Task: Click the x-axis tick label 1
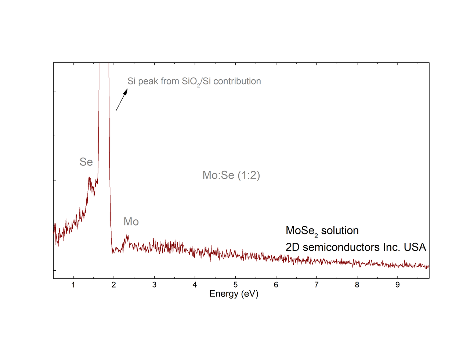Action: point(73,285)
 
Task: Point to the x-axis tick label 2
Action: point(114,285)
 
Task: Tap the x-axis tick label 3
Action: point(154,285)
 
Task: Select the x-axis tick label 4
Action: point(195,285)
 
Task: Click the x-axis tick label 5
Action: point(235,285)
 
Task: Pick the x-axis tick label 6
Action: point(276,285)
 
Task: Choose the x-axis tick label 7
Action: point(316,285)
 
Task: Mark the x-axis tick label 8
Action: point(357,285)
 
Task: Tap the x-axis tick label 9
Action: point(397,285)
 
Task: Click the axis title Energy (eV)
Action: point(234,294)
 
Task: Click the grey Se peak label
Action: point(86,162)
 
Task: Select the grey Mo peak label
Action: point(131,222)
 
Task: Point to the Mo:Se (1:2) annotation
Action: point(231,175)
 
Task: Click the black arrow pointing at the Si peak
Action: point(122,100)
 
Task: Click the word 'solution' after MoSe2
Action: point(340,231)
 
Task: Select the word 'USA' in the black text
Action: point(415,247)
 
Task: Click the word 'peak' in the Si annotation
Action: point(148,82)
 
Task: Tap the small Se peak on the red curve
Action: point(90,179)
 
